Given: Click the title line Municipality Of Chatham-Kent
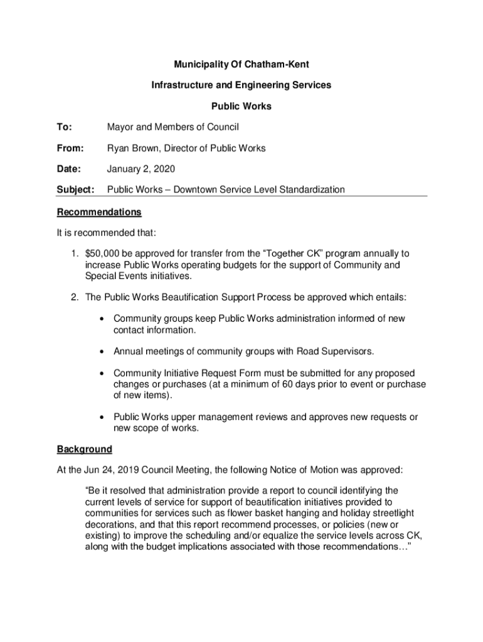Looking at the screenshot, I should [x=242, y=65].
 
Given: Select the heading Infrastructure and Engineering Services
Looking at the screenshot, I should [x=242, y=85].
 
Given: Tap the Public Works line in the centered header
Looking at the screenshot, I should [x=242, y=106].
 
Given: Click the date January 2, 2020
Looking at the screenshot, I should [x=141, y=169].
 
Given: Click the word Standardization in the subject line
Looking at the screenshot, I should [x=309, y=189].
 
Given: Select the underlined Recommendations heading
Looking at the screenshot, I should [x=99, y=212].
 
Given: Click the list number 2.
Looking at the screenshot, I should [x=73, y=297].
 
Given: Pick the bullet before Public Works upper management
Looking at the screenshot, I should [x=102, y=417].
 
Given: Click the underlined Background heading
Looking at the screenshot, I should [x=85, y=449].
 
